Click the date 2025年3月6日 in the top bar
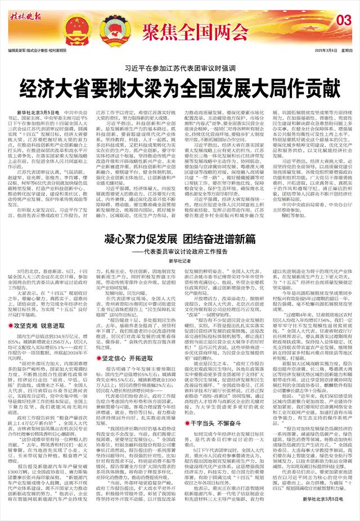318,50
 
